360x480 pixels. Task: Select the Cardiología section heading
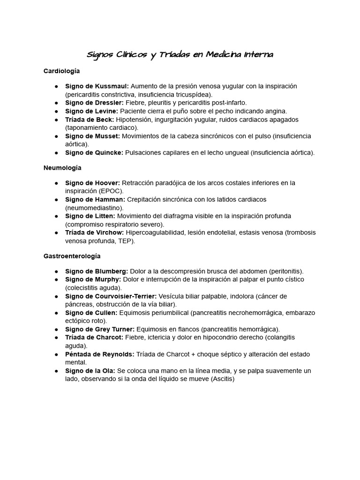[61, 71]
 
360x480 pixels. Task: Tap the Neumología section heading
[62, 167]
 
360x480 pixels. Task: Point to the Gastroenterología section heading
[72, 256]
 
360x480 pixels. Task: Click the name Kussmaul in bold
[112, 86]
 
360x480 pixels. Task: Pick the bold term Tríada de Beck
[89, 120]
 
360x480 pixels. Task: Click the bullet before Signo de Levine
[56, 111]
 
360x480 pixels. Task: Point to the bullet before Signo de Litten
[56, 216]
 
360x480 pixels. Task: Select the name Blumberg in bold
[112, 271]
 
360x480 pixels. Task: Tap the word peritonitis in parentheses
[285, 271]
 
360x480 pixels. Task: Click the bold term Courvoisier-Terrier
[126, 296]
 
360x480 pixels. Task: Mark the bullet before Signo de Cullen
[56, 313]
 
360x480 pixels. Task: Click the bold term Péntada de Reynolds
[99, 354]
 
